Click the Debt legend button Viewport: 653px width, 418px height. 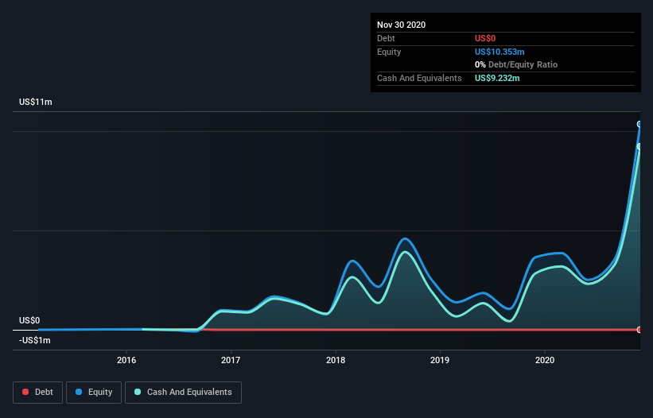37,392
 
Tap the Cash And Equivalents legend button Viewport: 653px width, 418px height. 183,392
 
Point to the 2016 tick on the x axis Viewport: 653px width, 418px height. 126,361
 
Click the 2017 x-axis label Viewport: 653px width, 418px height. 231,361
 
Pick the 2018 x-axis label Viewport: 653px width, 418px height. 336,361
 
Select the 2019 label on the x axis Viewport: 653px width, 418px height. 440,361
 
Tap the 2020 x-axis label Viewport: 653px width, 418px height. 545,361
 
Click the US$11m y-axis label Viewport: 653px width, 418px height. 36,103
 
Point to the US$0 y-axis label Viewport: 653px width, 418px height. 29,320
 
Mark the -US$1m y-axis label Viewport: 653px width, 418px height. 35,340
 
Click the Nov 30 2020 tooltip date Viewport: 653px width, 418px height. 402,25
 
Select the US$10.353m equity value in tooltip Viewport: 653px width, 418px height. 499,52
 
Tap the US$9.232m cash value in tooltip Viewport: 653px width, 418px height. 497,78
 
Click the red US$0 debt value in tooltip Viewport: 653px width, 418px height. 485,38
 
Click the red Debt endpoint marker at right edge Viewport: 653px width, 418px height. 639,329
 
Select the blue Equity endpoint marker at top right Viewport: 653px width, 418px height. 639,124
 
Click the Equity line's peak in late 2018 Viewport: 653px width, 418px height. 405,238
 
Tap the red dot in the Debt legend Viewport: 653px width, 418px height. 25,392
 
